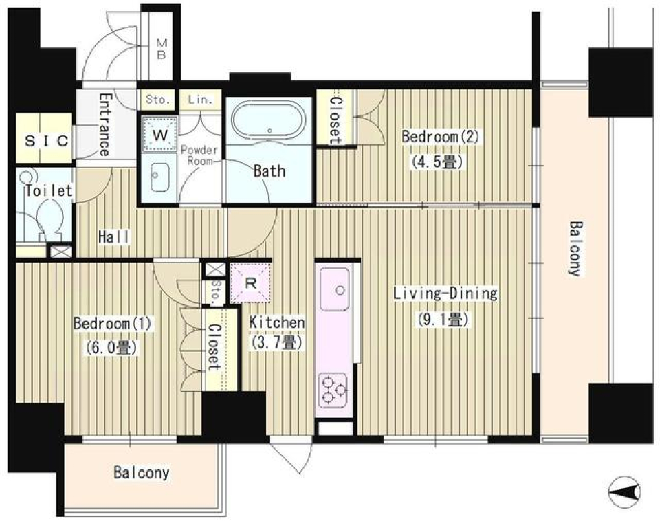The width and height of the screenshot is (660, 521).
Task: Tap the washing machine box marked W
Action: click(160, 134)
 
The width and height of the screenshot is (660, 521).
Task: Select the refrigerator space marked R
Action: click(251, 282)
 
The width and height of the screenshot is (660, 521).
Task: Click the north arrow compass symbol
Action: click(624, 491)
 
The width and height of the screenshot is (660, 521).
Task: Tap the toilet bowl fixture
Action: click(49, 218)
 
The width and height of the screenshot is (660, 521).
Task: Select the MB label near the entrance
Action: click(162, 49)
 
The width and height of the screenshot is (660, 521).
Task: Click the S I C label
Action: click(46, 141)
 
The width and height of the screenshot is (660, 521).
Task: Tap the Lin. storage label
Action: click(199, 100)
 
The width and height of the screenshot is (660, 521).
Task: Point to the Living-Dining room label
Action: click(445, 293)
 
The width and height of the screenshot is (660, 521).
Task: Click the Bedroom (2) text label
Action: click(440, 137)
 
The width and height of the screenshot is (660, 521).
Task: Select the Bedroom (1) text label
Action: click(112, 324)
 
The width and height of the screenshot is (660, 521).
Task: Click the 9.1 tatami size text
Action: click(443, 320)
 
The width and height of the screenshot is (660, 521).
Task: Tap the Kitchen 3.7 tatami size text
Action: click(276, 342)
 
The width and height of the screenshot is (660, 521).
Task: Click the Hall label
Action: click(114, 237)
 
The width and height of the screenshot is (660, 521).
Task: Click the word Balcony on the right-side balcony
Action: click(575, 248)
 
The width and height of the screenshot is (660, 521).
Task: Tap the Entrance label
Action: click(104, 124)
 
